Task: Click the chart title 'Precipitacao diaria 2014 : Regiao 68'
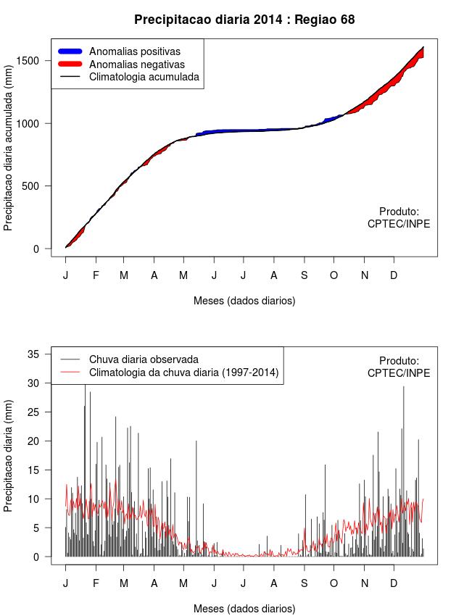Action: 244,20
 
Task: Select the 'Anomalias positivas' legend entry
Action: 134,51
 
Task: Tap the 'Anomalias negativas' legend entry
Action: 136,64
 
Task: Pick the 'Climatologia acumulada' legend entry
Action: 144,76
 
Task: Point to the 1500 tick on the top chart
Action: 36,60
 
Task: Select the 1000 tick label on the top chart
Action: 36,123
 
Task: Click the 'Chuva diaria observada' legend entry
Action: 144,359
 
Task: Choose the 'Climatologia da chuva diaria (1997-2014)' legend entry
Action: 183,372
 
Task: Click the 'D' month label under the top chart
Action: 394,275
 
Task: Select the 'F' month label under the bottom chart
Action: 95,583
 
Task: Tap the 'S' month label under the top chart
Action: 304,275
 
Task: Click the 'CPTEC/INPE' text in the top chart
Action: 399,224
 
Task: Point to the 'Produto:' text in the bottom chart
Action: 399,361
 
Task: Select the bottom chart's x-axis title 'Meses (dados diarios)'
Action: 244,608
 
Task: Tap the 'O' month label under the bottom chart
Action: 333,583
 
